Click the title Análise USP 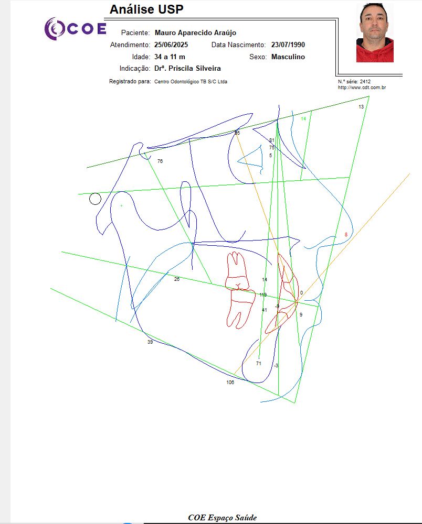[x=146, y=9]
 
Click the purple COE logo [x=75, y=29]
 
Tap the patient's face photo [x=375, y=32]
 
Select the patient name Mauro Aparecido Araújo [x=195, y=32]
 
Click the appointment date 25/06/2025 [x=171, y=45]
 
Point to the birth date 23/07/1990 [x=288, y=45]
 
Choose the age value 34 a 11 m [x=170, y=57]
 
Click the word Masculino [x=288, y=57]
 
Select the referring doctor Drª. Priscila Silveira [x=187, y=69]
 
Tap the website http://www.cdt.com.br [x=362, y=88]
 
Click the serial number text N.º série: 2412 [x=354, y=82]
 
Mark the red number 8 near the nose [x=346, y=235]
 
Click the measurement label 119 [x=263, y=294]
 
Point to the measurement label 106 [x=230, y=383]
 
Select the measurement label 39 [x=150, y=342]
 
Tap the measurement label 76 [x=160, y=161]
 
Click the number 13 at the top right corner [x=361, y=106]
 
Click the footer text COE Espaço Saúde [x=223, y=518]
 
